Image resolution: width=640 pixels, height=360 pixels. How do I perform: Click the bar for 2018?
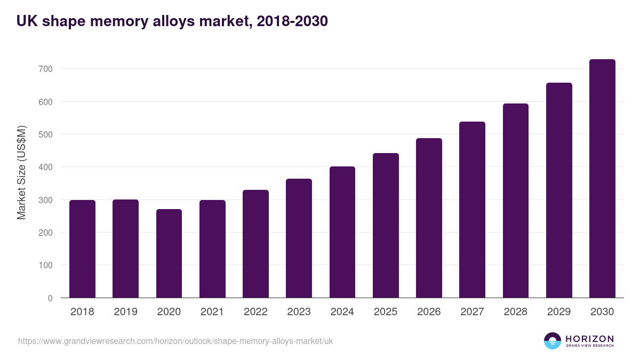(x=82, y=249)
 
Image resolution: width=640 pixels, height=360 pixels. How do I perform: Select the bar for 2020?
(x=169, y=253)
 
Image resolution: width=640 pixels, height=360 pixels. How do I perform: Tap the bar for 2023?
(x=299, y=238)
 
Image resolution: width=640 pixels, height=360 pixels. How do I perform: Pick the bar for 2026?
(x=429, y=218)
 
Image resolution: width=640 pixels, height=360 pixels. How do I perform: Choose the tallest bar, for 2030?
(x=602, y=179)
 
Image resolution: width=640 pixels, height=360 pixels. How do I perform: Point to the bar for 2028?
(x=516, y=201)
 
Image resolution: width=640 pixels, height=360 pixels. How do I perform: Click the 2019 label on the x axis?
(x=125, y=312)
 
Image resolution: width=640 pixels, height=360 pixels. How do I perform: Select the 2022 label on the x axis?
(x=255, y=312)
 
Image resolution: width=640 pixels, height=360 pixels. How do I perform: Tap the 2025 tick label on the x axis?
(x=386, y=312)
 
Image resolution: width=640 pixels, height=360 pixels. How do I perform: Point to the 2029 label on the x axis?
(x=559, y=312)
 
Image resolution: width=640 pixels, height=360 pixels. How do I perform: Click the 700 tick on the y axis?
(x=45, y=69)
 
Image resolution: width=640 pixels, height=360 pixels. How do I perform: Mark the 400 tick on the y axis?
(x=45, y=167)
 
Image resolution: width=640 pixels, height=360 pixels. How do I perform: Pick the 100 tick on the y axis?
(x=45, y=265)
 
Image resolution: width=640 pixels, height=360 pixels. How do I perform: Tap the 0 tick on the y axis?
(x=50, y=298)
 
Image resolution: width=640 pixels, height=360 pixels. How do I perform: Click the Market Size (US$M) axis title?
(x=21, y=172)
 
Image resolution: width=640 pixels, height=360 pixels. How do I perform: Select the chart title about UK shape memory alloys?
(x=172, y=21)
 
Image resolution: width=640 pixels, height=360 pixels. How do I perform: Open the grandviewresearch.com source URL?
(x=175, y=341)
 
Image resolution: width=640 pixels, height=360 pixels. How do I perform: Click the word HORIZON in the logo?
(x=589, y=339)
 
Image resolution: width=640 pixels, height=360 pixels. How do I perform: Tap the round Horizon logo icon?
(x=553, y=341)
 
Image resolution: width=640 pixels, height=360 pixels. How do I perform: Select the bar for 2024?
(x=342, y=232)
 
